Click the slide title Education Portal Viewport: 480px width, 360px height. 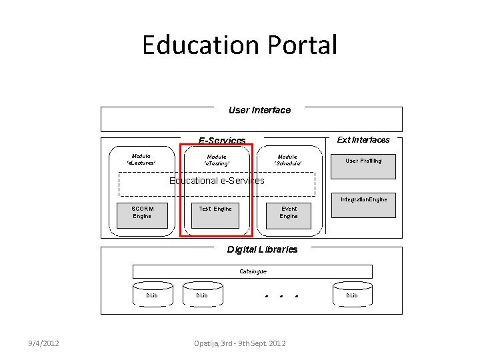coord(240,45)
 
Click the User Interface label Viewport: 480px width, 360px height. coord(259,110)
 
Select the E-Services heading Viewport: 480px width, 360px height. coord(222,141)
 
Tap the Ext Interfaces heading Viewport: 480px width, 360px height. coord(363,139)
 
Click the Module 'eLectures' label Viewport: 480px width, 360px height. coord(141,159)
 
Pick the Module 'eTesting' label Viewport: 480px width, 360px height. coord(217,159)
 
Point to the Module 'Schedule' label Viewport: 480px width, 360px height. coord(288,159)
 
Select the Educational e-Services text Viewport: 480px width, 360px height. coord(217,181)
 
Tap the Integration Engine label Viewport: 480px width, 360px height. coord(363,199)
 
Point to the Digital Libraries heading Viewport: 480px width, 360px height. coord(262,249)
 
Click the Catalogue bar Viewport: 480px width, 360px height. coord(253,271)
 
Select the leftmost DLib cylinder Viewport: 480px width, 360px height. coord(152,295)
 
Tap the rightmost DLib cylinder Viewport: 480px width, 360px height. coord(351,295)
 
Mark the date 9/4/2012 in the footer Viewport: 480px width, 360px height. coord(43,343)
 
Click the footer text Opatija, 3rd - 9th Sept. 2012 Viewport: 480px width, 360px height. coord(239,343)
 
